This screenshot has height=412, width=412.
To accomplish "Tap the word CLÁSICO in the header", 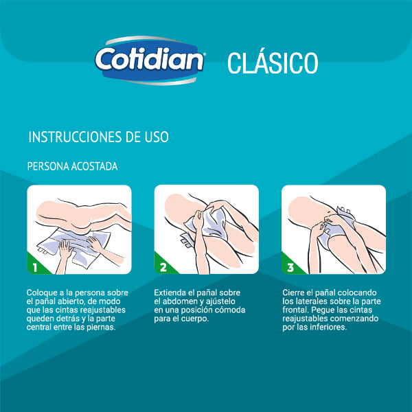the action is (x=273, y=62).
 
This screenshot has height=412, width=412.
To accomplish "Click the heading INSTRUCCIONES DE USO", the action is (x=98, y=137).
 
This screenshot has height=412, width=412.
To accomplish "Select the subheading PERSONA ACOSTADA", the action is (x=73, y=166).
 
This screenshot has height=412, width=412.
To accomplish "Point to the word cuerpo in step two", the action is (x=195, y=319).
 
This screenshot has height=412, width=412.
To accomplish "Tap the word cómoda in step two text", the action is (x=230, y=310).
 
